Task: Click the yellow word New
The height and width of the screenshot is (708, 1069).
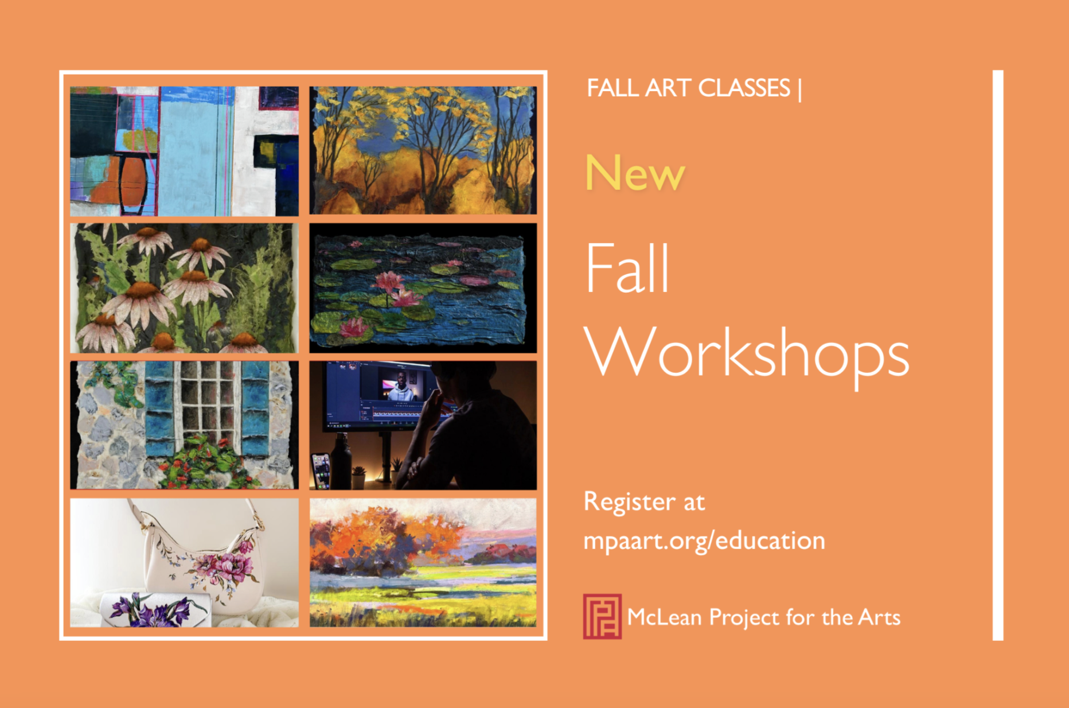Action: pos(635,173)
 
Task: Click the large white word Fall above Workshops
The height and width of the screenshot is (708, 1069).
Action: pos(627,268)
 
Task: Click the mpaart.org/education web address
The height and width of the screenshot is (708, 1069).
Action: pos(704,541)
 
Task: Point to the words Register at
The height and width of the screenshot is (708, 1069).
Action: pos(644,502)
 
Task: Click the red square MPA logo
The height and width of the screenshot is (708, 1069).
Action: pos(602,616)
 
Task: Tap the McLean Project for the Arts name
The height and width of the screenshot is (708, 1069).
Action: pos(764,617)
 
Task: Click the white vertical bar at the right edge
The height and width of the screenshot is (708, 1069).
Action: pos(998,355)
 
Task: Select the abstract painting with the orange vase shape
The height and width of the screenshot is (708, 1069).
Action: pos(184,151)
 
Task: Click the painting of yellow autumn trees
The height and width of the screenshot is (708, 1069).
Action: pos(423,150)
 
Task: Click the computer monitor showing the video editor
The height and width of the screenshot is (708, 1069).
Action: pos(381,396)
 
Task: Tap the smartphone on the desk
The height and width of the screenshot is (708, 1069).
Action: pos(321,470)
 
